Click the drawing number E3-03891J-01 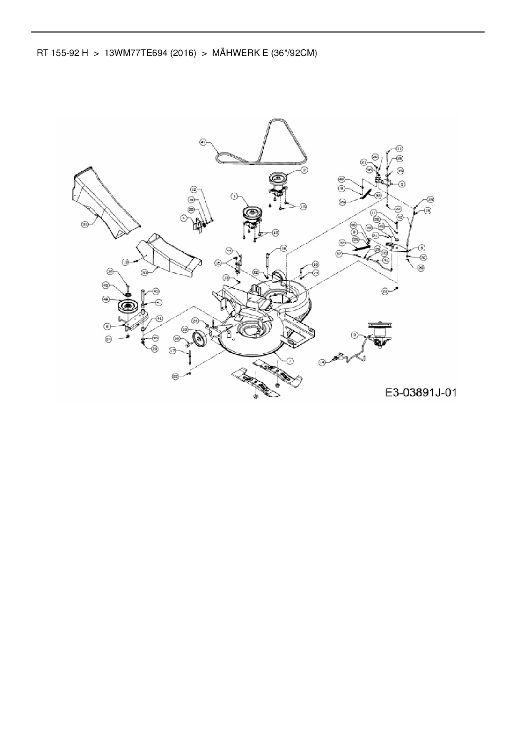[421, 392]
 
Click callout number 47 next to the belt [203, 142]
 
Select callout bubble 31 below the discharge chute [85, 224]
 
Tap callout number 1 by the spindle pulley [235, 195]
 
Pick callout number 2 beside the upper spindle [304, 169]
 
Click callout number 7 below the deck [290, 360]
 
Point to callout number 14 [322, 363]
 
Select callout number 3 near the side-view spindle [354, 334]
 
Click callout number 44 [229, 250]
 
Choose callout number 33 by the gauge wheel [184, 329]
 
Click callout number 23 [316, 272]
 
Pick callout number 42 [400, 217]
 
